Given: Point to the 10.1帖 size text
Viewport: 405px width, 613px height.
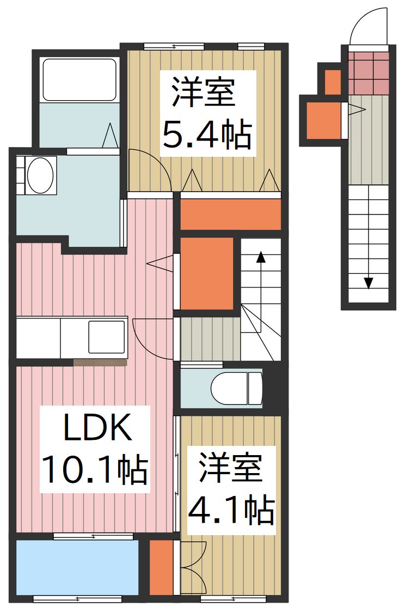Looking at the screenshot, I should tap(94, 470).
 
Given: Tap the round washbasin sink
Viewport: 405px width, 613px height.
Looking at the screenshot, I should tap(40, 175).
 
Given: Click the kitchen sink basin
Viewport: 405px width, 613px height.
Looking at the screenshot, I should tap(107, 338).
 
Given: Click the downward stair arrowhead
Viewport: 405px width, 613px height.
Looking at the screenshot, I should tap(369, 283).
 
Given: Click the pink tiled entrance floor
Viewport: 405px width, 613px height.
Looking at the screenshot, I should tap(369, 72).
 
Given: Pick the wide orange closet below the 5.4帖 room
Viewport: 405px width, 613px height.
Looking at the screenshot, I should tap(230, 214).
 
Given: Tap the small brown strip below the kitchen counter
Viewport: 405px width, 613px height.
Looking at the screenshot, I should tap(100, 362).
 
